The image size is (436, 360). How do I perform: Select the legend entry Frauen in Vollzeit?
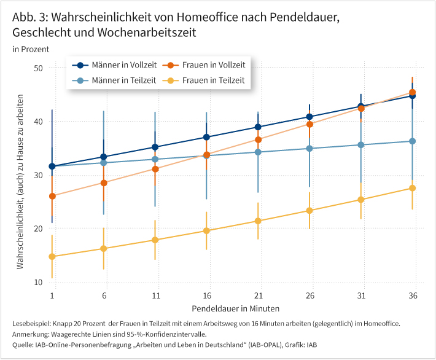point(206,65)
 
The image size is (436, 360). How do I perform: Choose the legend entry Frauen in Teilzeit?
point(206,80)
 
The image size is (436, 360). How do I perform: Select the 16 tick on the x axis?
point(206,296)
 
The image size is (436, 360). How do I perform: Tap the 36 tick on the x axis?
point(412,296)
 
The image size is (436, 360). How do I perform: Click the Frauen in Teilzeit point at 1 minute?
point(52,257)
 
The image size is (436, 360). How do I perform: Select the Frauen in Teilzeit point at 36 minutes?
point(413,188)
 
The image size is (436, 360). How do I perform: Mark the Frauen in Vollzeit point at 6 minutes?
point(104,183)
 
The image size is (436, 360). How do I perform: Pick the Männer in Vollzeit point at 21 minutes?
point(258,127)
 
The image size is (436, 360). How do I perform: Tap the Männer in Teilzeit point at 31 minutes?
point(361,145)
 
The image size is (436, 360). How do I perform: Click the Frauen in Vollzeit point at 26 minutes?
point(309,124)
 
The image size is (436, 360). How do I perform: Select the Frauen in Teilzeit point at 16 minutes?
point(206,231)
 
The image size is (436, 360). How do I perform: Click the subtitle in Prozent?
point(30,49)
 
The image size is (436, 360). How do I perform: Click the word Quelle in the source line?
point(24,345)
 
